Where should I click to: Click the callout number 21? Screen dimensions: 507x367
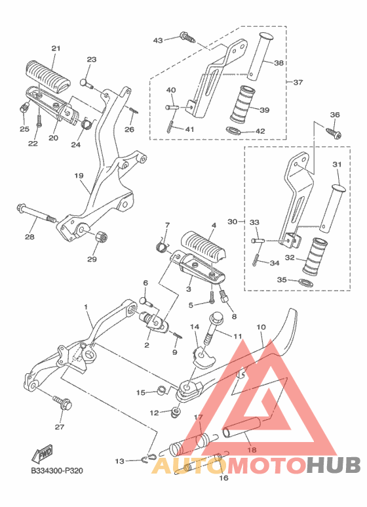point(55,49)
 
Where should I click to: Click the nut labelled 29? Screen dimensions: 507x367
point(100,237)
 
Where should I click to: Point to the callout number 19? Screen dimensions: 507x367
point(79,175)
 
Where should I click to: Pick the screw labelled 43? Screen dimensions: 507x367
point(187,38)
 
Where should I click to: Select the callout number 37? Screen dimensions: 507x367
point(298,83)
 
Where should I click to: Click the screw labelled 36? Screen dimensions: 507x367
point(334,133)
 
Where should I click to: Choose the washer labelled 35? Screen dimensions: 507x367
point(304,283)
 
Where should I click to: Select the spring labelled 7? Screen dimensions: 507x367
point(161,246)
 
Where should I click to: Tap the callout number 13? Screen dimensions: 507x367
point(119,461)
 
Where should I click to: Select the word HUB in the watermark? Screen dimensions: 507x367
point(334,466)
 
